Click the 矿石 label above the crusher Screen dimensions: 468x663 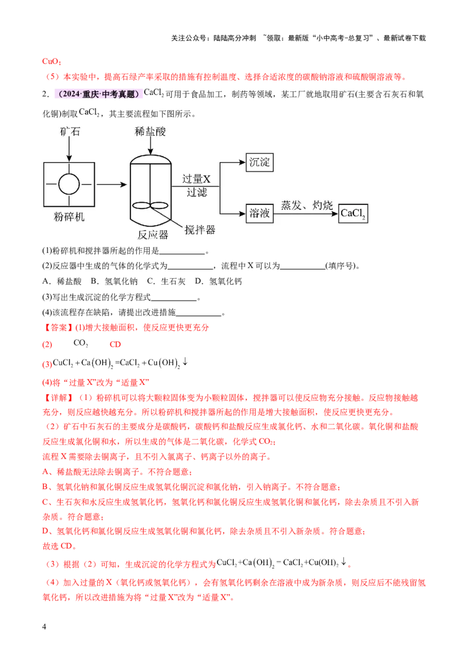(x=69, y=132)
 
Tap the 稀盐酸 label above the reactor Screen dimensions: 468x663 (x=150, y=132)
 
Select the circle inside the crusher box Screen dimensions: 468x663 (x=69, y=184)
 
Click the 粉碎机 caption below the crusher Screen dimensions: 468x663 (x=69, y=217)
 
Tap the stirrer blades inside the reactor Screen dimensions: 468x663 (x=150, y=206)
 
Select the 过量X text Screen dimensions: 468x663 (x=196, y=179)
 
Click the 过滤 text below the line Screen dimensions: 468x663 (x=197, y=192)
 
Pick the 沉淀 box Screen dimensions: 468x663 (x=260, y=162)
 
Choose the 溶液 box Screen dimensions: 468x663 (x=259, y=213)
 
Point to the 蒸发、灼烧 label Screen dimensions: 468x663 (x=307, y=205)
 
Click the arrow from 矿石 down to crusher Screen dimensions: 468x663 (x=69, y=150)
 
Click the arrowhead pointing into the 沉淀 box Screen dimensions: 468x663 (x=241, y=162)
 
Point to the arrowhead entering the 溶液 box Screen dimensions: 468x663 (x=241, y=213)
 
